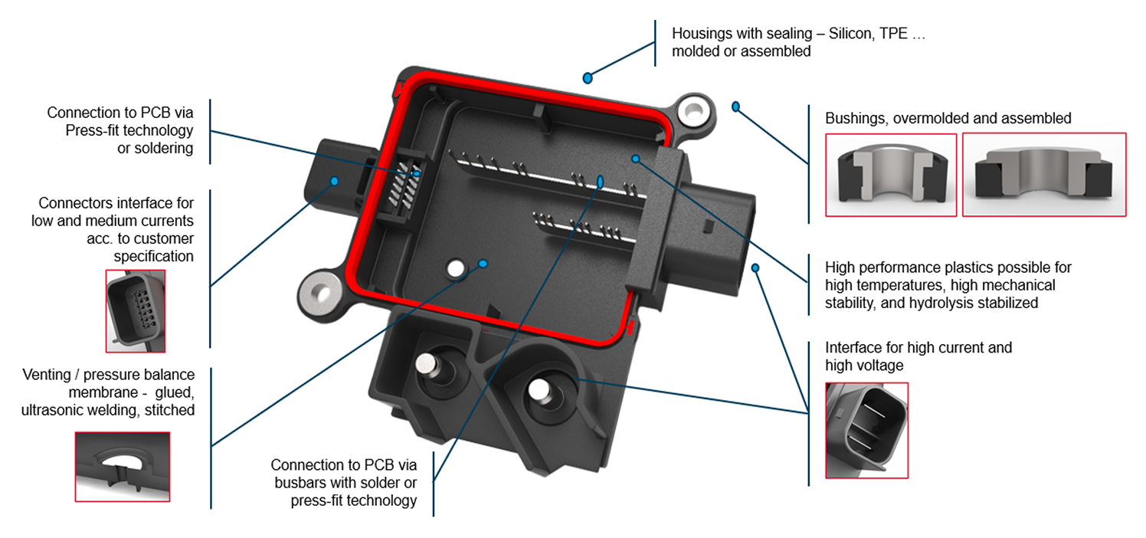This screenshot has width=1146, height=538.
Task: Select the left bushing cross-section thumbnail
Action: (891, 175)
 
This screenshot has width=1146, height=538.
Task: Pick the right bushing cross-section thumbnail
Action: (1043, 175)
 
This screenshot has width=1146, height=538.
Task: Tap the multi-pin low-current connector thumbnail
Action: (135, 311)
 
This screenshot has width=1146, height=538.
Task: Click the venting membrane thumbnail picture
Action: (122, 467)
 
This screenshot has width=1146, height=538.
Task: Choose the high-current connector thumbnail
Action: (866, 431)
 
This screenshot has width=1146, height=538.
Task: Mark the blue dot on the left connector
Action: (335, 181)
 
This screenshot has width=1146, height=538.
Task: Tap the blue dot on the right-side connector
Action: (755, 267)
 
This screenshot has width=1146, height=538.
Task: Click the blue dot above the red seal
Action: (588, 77)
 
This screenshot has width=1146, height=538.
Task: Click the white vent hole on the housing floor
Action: (455, 268)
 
